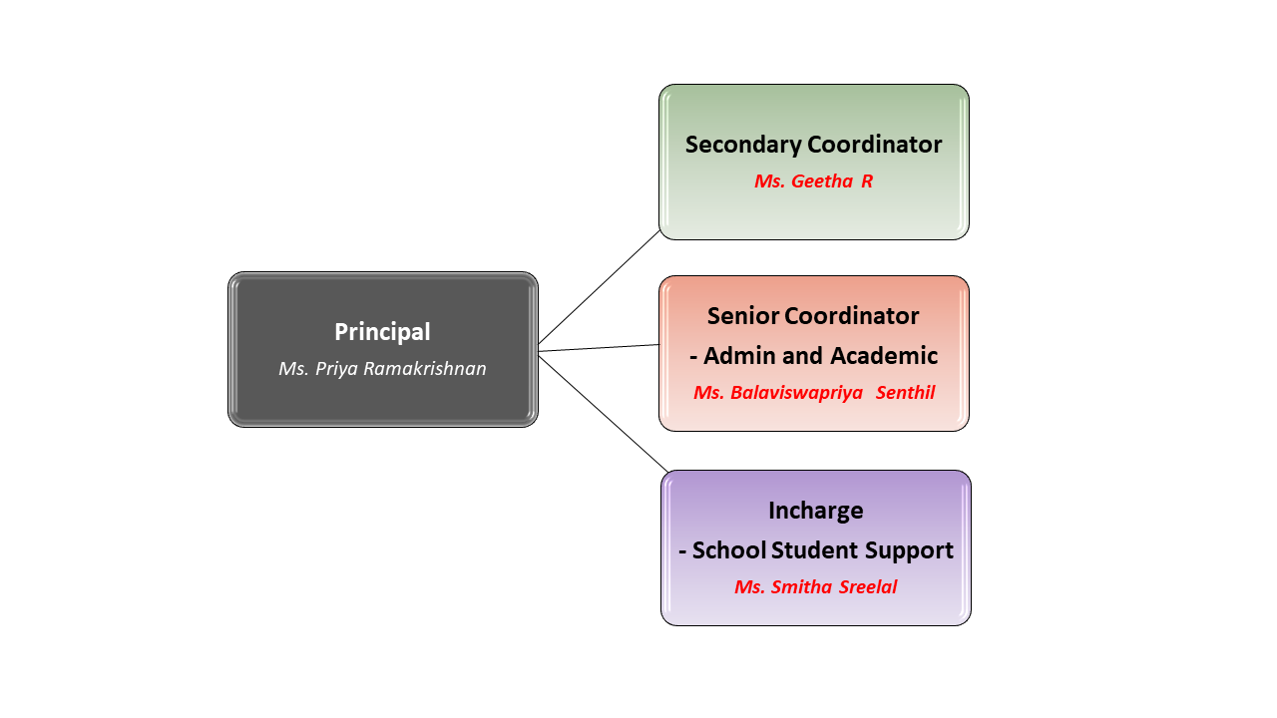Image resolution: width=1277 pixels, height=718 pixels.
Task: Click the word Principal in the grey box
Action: point(382,332)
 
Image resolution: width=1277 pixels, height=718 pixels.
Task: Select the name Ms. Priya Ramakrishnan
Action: point(382,369)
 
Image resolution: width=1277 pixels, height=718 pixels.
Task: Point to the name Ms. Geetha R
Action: point(813,181)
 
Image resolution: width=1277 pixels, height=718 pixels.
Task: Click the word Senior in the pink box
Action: point(743,316)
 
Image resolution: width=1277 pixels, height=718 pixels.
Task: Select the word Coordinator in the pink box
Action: point(852,316)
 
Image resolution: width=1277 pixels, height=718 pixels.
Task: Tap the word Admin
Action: point(739,356)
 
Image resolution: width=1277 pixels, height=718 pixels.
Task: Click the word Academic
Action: point(884,356)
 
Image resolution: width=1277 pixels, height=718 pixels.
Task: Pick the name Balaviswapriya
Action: point(796,393)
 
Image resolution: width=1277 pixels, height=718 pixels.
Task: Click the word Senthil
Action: point(905,393)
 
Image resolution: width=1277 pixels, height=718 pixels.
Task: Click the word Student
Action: point(815,550)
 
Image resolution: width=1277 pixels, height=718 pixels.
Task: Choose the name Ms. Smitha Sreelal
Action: point(816,587)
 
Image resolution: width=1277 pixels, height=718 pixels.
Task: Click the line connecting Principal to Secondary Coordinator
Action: point(599,287)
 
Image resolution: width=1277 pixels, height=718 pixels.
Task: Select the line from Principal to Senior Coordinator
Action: point(599,348)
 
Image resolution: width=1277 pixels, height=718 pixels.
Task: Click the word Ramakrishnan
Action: point(425,369)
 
